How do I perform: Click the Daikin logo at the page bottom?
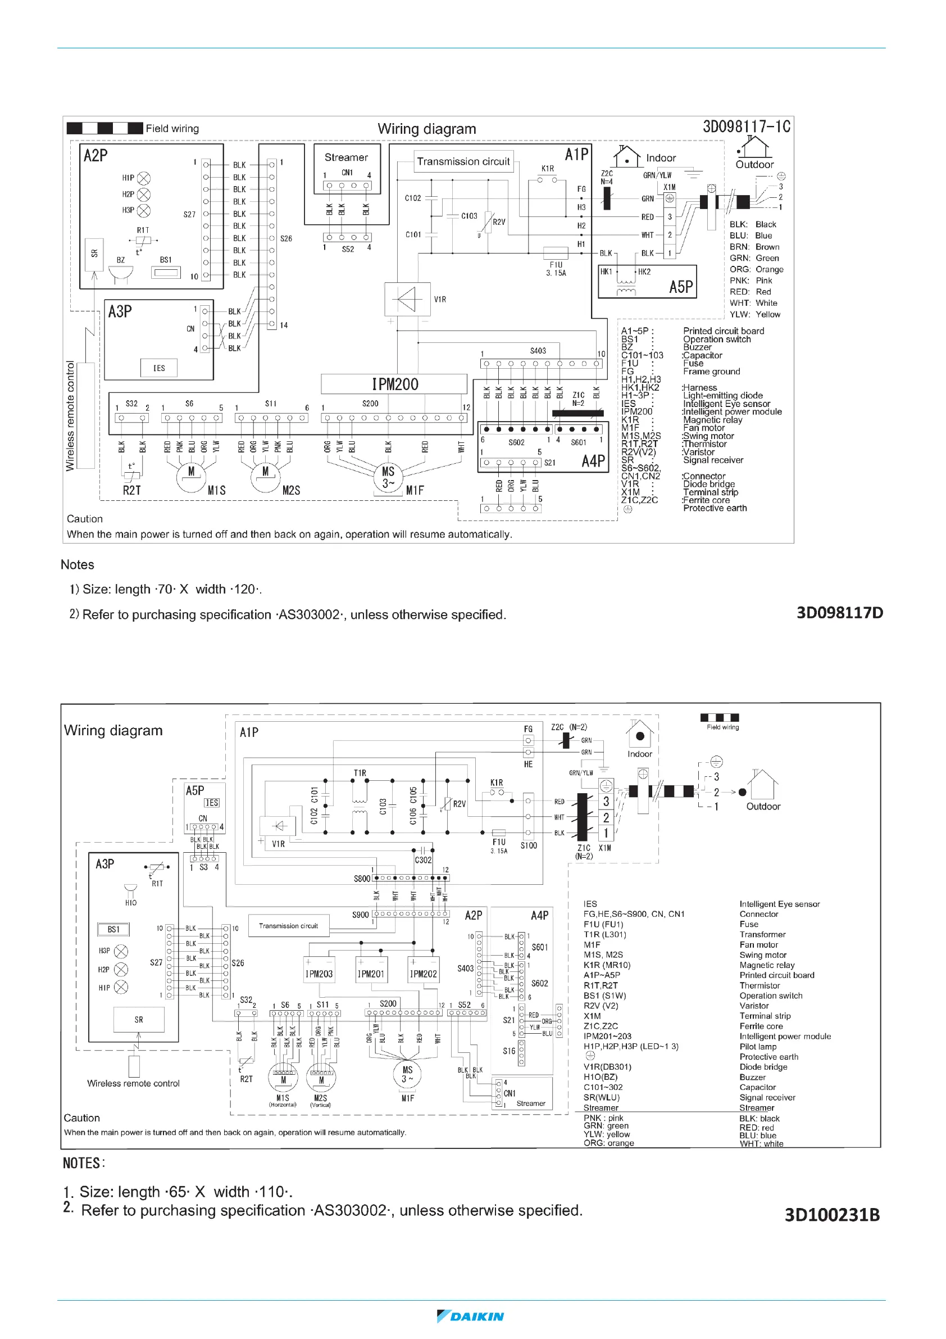coord(470,1317)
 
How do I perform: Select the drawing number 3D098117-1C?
coord(746,126)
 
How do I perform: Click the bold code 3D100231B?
coord(832,1215)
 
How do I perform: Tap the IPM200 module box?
coord(394,384)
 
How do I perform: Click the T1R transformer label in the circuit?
coord(360,773)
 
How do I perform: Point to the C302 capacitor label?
coord(423,860)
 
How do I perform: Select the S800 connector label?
coord(361,878)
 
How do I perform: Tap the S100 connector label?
coord(529,845)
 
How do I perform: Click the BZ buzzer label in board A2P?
coord(121,260)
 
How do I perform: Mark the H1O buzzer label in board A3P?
coord(130,903)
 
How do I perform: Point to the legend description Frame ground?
coord(712,372)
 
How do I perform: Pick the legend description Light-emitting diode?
coord(723,395)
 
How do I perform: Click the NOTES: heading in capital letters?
coord(84,1164)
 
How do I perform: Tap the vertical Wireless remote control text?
coord(71,416)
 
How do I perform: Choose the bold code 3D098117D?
coord(839,613)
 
